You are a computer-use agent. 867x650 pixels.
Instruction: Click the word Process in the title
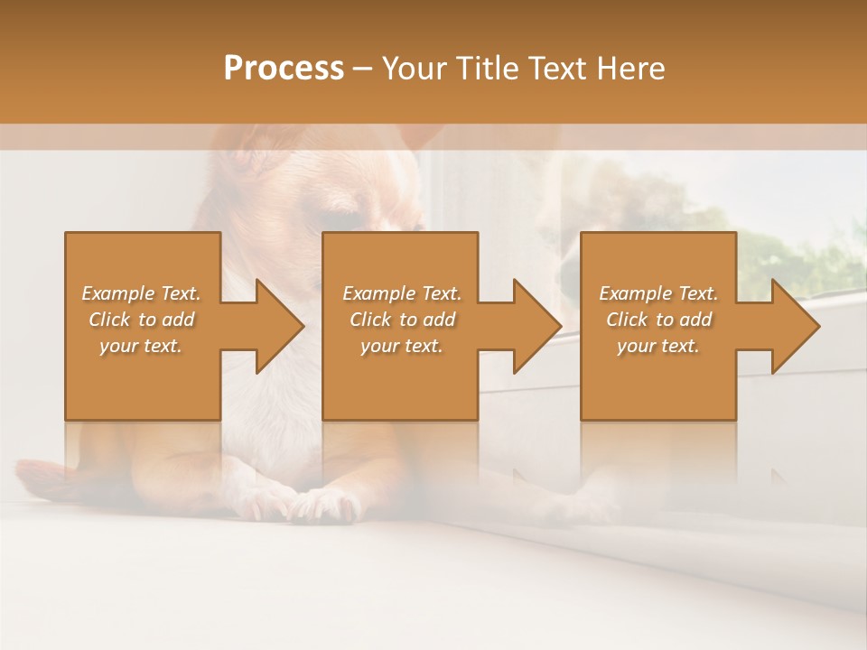click(284, 68)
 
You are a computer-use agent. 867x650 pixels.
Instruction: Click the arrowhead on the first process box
click(280, 326)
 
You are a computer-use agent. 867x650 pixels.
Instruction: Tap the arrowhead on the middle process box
click(537, 326)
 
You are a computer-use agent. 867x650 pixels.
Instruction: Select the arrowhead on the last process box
click(795, 326)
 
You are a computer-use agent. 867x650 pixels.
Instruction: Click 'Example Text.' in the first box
click(141, 293)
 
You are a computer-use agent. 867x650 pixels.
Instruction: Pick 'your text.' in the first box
click(141, 346)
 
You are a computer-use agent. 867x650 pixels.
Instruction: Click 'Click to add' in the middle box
click(402, 320)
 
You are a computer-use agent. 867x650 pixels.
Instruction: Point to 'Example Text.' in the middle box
click(402, 293)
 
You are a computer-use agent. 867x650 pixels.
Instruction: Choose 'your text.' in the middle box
click(402, 346)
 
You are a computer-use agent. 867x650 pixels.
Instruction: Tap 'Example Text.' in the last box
click(658, 293)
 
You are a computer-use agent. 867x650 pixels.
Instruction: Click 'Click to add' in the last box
click(658, 320)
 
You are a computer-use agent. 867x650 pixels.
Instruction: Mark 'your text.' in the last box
click(658, 346)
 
